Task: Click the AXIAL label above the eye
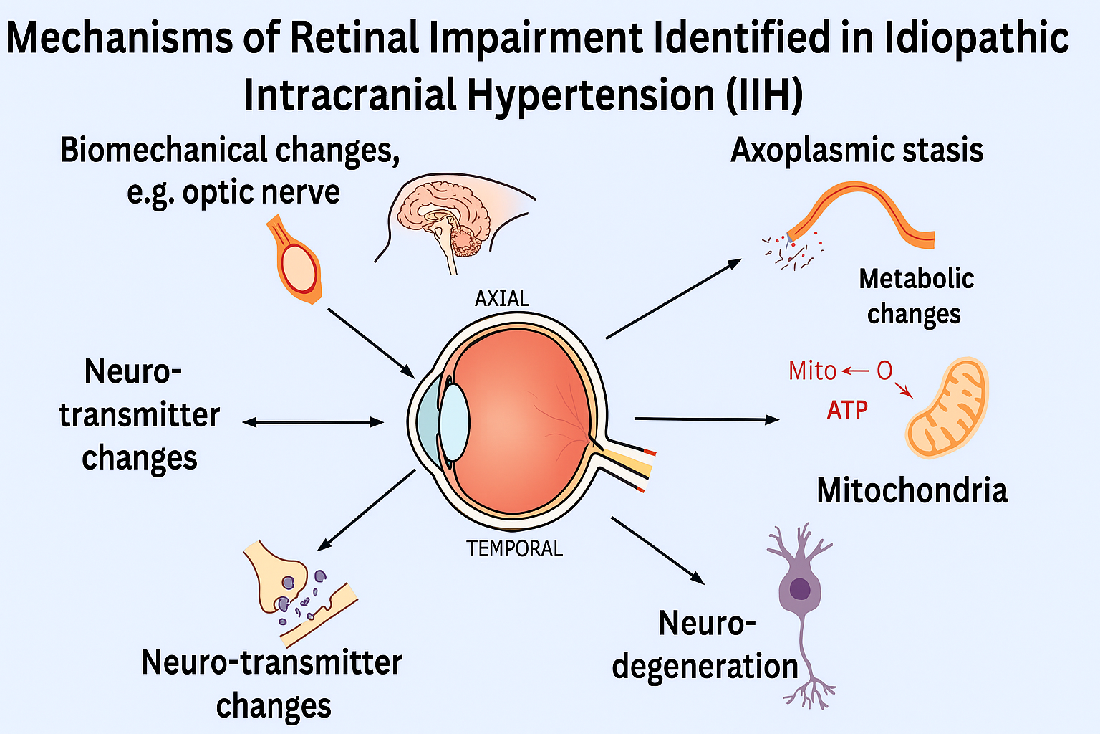tap(502, 298)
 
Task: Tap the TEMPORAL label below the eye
tap(514, 548)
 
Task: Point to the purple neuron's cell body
tap(799, 589)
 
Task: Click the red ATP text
tap(847, 410)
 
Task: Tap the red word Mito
tap(812, 371)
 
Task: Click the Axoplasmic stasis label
tap(857, 151)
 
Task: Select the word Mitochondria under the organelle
tap(912, 490)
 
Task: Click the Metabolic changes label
tap(915, 296)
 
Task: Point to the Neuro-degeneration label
tap(705, 644)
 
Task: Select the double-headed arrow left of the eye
tap(313, 422)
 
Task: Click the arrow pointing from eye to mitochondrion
tap(706, 419)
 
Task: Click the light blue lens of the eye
tap(454, 422)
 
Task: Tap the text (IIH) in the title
tap(764, 95)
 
